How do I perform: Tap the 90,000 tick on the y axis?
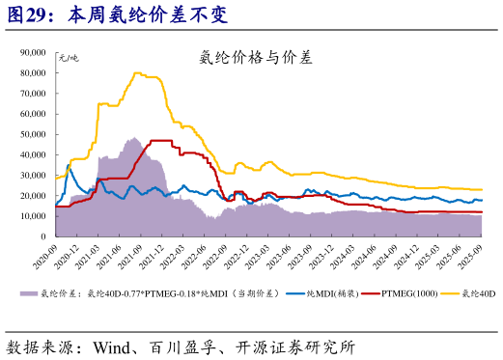pyautogui.click(x=35, y=54)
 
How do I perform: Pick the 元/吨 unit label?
pyautogui.click(x=70, y=59)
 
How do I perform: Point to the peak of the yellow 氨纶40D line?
pyautogui.click(x=138, y=73)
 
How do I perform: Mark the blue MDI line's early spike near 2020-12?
pyautogui.click(x=68, y=167)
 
